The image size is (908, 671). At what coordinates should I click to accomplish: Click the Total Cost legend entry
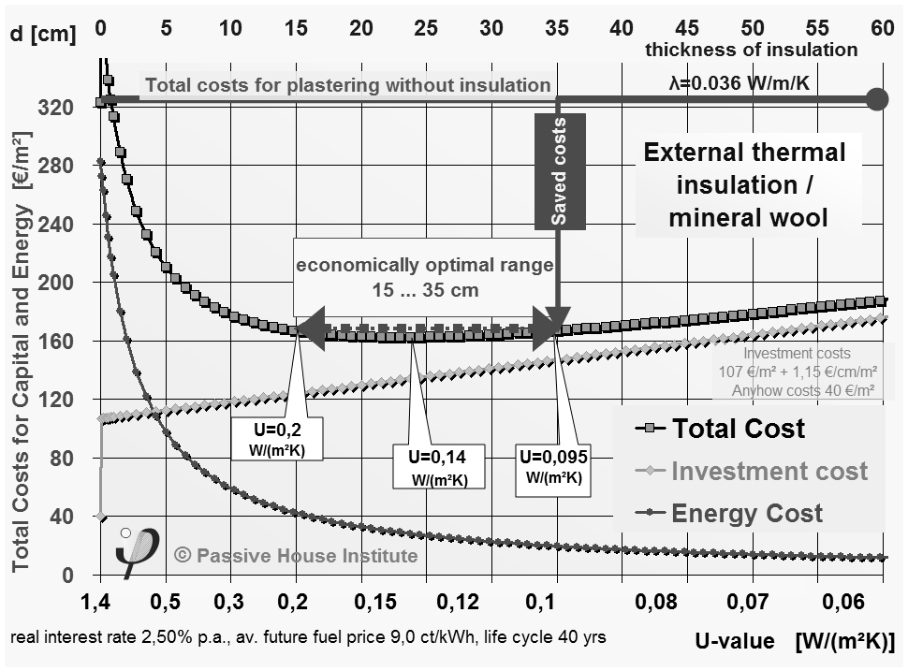click(x=738, y=429)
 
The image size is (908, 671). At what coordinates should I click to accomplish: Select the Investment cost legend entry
click(x=769, y=471)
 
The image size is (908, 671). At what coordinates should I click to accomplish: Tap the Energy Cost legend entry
click(x=747, y=513)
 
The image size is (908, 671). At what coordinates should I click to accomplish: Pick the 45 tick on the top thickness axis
click(x=686, y=28)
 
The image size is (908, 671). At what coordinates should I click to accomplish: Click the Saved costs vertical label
click(x=560, y=171)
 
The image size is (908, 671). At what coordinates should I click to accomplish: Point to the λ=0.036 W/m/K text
click(x=738, y=84)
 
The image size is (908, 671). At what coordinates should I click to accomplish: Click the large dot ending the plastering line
click(x=876, y=98)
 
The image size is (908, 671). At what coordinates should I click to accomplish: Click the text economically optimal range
click(x=425, y=265)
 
